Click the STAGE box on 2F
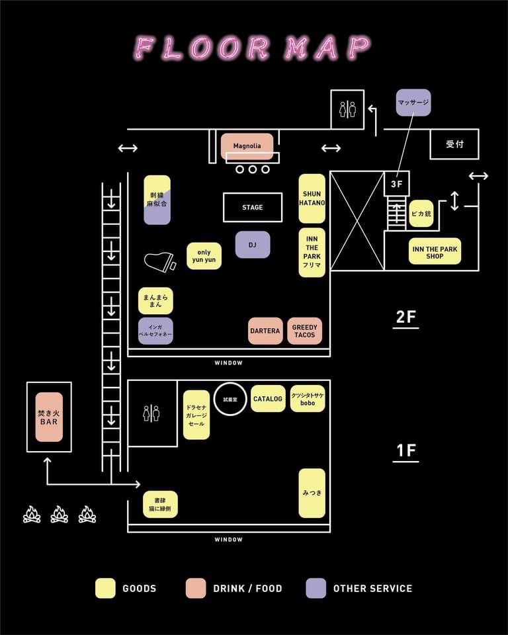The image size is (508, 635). (x=252, y=207)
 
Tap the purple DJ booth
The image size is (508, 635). (x=252, y=245)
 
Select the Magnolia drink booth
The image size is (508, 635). (x=247, y=146)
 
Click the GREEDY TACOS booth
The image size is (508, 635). (x=304, y=331)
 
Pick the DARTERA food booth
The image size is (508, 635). (x=265, y=331)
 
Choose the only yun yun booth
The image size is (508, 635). (x=204, y=256)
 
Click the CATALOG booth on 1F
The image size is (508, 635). (x=268, y=399)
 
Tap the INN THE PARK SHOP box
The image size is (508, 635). (x=435, y=251)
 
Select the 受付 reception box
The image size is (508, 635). (x=454, y=144)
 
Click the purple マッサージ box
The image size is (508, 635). (x=413, y=103)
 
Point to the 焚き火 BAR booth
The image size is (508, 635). (x=49, y=417)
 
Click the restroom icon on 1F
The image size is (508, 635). (x=151, y=413)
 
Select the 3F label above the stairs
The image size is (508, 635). (x=396, y=184)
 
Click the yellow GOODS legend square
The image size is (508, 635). (x=105, y=588)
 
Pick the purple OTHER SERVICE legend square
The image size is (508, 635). (x=316, y=588)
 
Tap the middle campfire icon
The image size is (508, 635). (x=60, y=514)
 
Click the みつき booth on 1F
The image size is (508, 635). (x=312, y=493)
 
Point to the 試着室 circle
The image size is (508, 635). (x=230, y=399)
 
